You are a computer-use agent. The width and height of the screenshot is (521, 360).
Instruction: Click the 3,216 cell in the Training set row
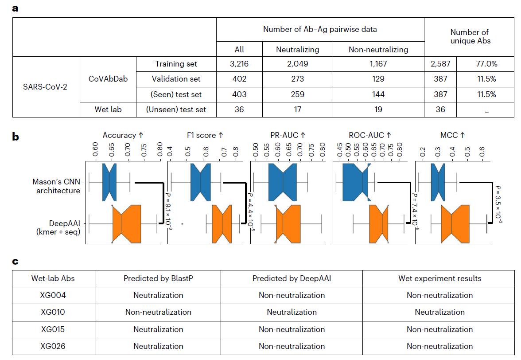pyautogui.click(x=239, y=64)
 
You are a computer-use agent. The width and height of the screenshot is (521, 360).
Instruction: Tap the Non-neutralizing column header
pyautogui.click(x=378, y=49)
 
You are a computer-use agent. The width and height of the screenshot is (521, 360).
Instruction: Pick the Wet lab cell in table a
pyautogui.click(x=108, y=110)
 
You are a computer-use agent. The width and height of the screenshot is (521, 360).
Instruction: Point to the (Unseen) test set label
pyautogui.click(x=176, y=110)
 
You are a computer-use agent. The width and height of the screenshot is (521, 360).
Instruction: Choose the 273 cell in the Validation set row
pyautogui.click(x=297, y=79)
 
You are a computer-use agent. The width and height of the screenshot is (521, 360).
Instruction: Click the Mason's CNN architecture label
pyautogui.click(x=56, y=186)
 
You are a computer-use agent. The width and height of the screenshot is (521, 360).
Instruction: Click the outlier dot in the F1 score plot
pyautogui.click(x=182, y=223)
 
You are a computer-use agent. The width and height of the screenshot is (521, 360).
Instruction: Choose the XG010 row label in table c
pyautogui.click(x=53, y=312)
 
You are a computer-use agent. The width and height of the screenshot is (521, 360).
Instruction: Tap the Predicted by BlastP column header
pyautogui.click(x=158, y=278)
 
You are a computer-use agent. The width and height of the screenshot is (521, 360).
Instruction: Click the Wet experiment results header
pyautogui.click(x=439, y=278)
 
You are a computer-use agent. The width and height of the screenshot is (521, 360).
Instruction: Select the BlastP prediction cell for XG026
pyautogui.click(x=158, y=346)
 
